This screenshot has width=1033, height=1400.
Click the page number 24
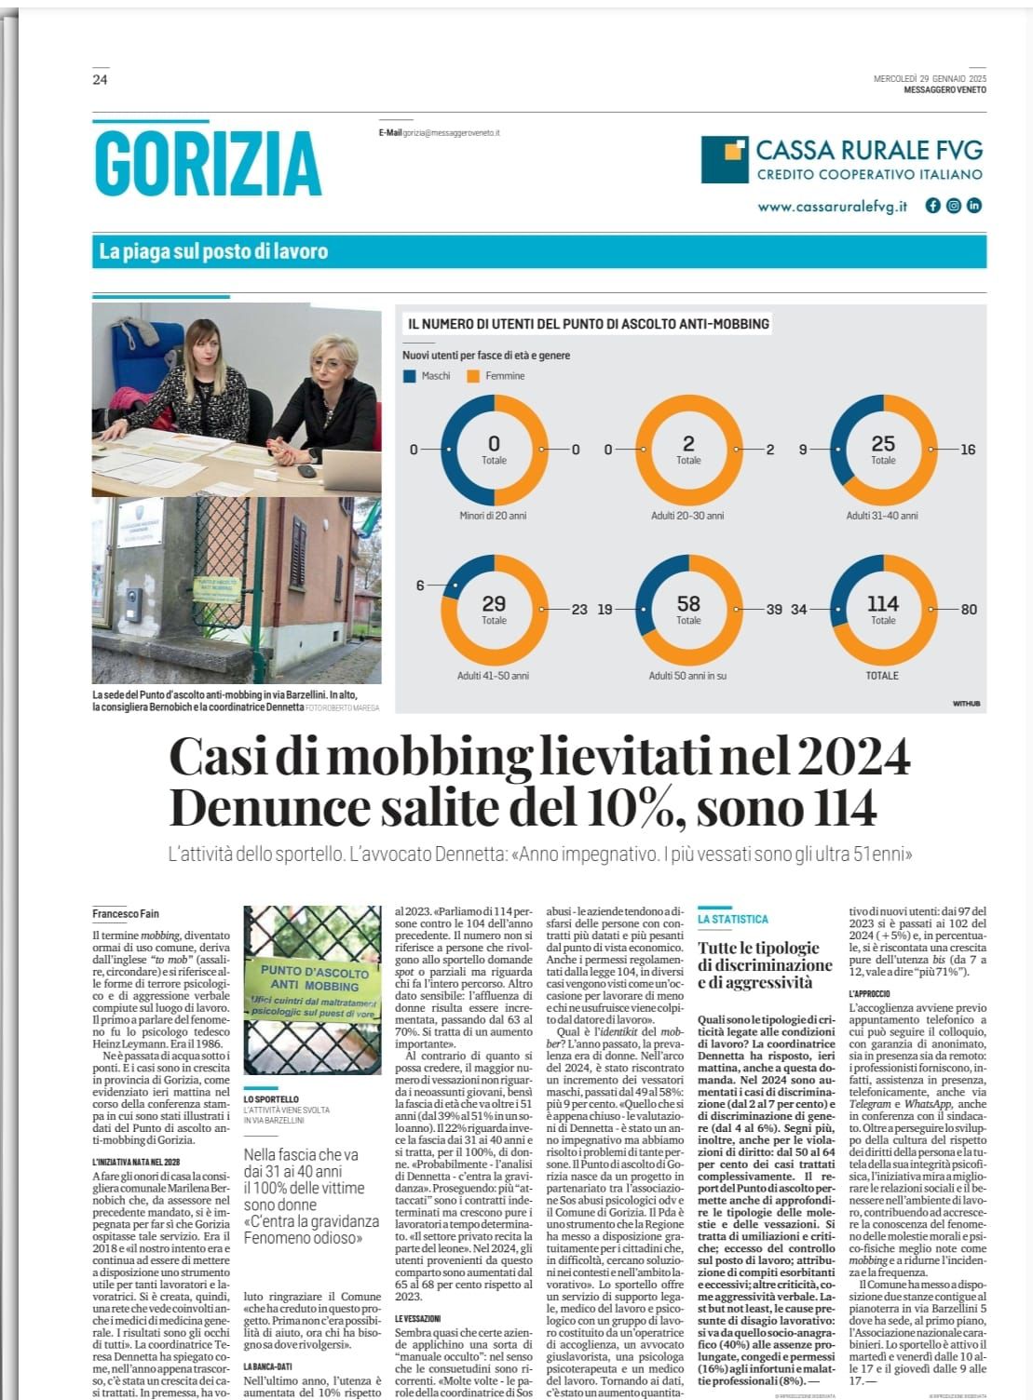tap(100, 80)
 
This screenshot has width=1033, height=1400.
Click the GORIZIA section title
tap(208, 163)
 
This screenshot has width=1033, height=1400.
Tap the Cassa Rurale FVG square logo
tap(724, 159)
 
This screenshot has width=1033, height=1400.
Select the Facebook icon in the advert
tap(932, 206)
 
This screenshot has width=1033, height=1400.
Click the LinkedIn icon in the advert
tap(973, 206)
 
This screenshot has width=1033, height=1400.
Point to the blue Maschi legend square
tap(409, 376)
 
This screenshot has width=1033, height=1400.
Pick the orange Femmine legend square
tap(473, 376)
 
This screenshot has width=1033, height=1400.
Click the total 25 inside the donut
tap(882, 444)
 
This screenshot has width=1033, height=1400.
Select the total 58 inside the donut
tap(687, 604)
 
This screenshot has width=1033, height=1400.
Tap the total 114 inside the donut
tap(882, 604)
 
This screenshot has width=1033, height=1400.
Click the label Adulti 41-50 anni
tap(493, 676)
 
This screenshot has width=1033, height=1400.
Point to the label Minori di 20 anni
tap(493, 516)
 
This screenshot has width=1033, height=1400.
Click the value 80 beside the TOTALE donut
tap(969, 610)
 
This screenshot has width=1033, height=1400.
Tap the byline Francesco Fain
tap(126, 914)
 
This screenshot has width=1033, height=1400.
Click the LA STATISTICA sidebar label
tap(733, 920)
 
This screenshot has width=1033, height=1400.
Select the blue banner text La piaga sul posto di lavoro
tap(213, 251)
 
